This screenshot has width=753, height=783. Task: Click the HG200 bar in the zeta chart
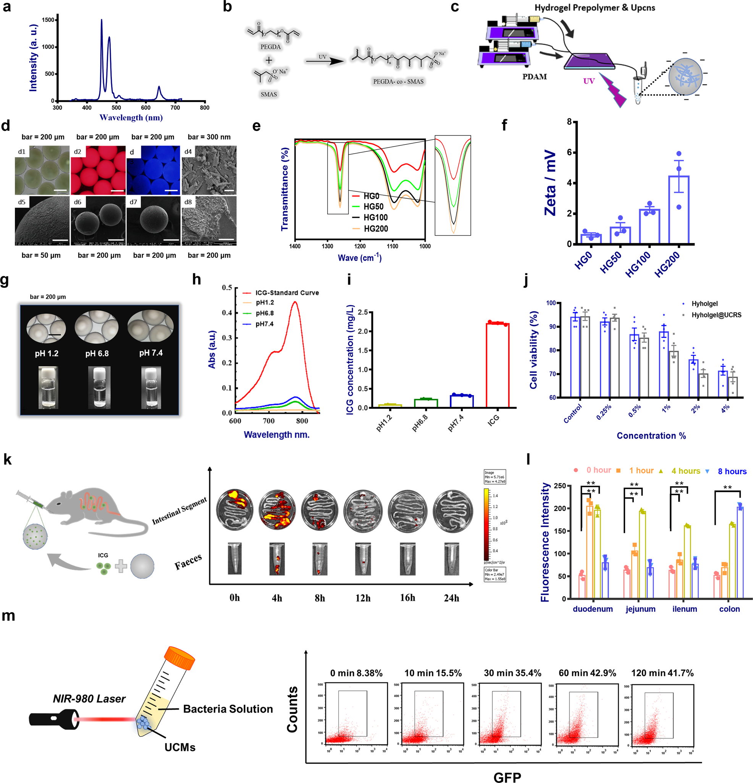point(678,210)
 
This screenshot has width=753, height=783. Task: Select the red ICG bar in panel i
point(497,365)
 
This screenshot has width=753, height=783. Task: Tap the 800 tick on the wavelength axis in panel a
point(205,107)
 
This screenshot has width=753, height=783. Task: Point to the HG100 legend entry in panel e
point(375,218)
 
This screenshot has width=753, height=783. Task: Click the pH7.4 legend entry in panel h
point(264,324)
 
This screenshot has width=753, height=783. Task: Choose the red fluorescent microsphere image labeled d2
point(98,170)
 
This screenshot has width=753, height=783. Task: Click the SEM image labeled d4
point(209,170)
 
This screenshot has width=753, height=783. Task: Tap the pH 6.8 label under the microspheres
point(97,353)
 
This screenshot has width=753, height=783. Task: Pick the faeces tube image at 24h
point(452,558)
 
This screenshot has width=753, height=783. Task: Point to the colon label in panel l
point(729,609)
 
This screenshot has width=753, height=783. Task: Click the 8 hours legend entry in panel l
point(732,472)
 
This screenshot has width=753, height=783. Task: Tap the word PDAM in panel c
point(534,77)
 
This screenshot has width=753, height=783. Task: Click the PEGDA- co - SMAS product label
point(398,81)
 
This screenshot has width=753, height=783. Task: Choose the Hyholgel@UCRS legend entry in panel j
point(716,315)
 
